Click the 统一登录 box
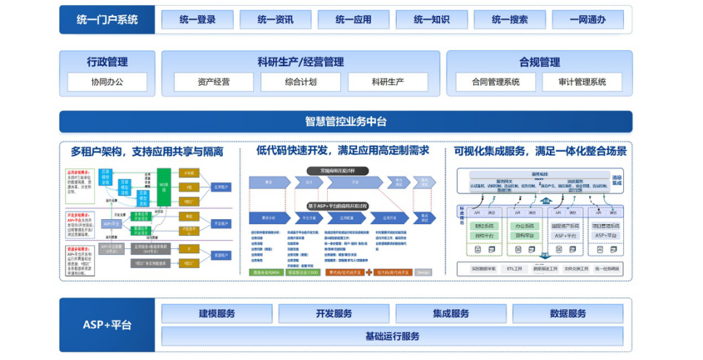197,20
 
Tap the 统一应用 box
353,20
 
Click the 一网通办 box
588,20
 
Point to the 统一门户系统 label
107,20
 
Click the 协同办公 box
107,82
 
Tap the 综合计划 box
300,82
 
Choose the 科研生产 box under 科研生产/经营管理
387,82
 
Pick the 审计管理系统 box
582,82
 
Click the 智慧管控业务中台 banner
345,121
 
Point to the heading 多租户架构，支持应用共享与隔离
147,152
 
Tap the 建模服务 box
217,314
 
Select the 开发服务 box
334,314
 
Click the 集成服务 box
451,314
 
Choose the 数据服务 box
568,314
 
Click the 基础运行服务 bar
392,336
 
